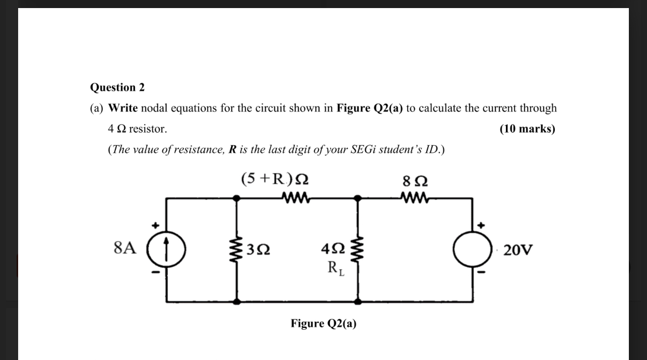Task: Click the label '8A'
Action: click(x=125, y=248)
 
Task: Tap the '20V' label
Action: click(x=517, y=250)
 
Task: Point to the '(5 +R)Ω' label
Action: click(x=275, y=179)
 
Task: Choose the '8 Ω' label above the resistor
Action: click(x=416, y=180)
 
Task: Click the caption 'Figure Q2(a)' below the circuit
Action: click(x=323, y=324)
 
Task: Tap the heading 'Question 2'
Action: click(x=117, y=87)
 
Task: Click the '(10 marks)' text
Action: click(x=527, y=129)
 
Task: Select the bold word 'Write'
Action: click(x=123, y=108)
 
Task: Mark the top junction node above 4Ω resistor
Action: click(x=358, y=198)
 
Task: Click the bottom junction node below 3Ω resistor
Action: click(x=237, y=302)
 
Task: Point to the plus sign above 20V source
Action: click(x=481, y=225)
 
